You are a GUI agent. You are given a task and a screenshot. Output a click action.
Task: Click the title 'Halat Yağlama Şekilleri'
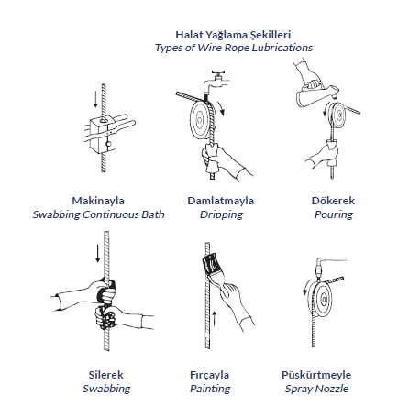[x=233, y=35]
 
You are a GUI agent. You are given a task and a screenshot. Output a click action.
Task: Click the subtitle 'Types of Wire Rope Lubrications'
[x=234, y=48]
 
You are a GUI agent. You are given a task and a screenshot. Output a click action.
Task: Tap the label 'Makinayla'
[x=98, y=201]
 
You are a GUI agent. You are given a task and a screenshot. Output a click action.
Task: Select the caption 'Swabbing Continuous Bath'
[x=98, y=214]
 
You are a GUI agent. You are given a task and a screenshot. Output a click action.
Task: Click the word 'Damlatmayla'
[x=221, y=201]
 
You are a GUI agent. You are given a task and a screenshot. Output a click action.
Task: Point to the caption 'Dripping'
[x=221, y=214]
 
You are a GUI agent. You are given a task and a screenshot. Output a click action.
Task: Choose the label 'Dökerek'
[x=333, y=201]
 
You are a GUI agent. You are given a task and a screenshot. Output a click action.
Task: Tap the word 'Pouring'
[x=334, y=214]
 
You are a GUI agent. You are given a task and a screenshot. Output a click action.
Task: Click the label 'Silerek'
[x=105, y=375]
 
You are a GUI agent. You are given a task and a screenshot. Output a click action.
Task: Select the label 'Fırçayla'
[x=209, y=375]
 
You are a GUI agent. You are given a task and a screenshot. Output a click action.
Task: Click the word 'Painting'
[x=210, y=389]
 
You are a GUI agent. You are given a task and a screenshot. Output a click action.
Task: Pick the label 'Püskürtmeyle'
[x=316, y=375]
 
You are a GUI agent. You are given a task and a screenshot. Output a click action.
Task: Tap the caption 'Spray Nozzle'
[x=316, y=389]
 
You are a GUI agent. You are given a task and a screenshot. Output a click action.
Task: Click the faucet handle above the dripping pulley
[x=218, y=73]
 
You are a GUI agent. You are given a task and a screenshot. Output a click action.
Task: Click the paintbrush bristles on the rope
[x=210, y=263]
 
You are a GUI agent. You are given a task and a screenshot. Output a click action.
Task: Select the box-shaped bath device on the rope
[x=103, y=135]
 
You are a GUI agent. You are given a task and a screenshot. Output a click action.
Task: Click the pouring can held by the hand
[x=315, y=94]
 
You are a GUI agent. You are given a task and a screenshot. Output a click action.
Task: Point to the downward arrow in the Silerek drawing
[x=97, y=253]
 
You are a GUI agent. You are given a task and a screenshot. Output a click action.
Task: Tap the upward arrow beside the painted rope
[x=215, y=319]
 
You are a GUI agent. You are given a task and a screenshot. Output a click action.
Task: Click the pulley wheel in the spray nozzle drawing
[x=322, y=299]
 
